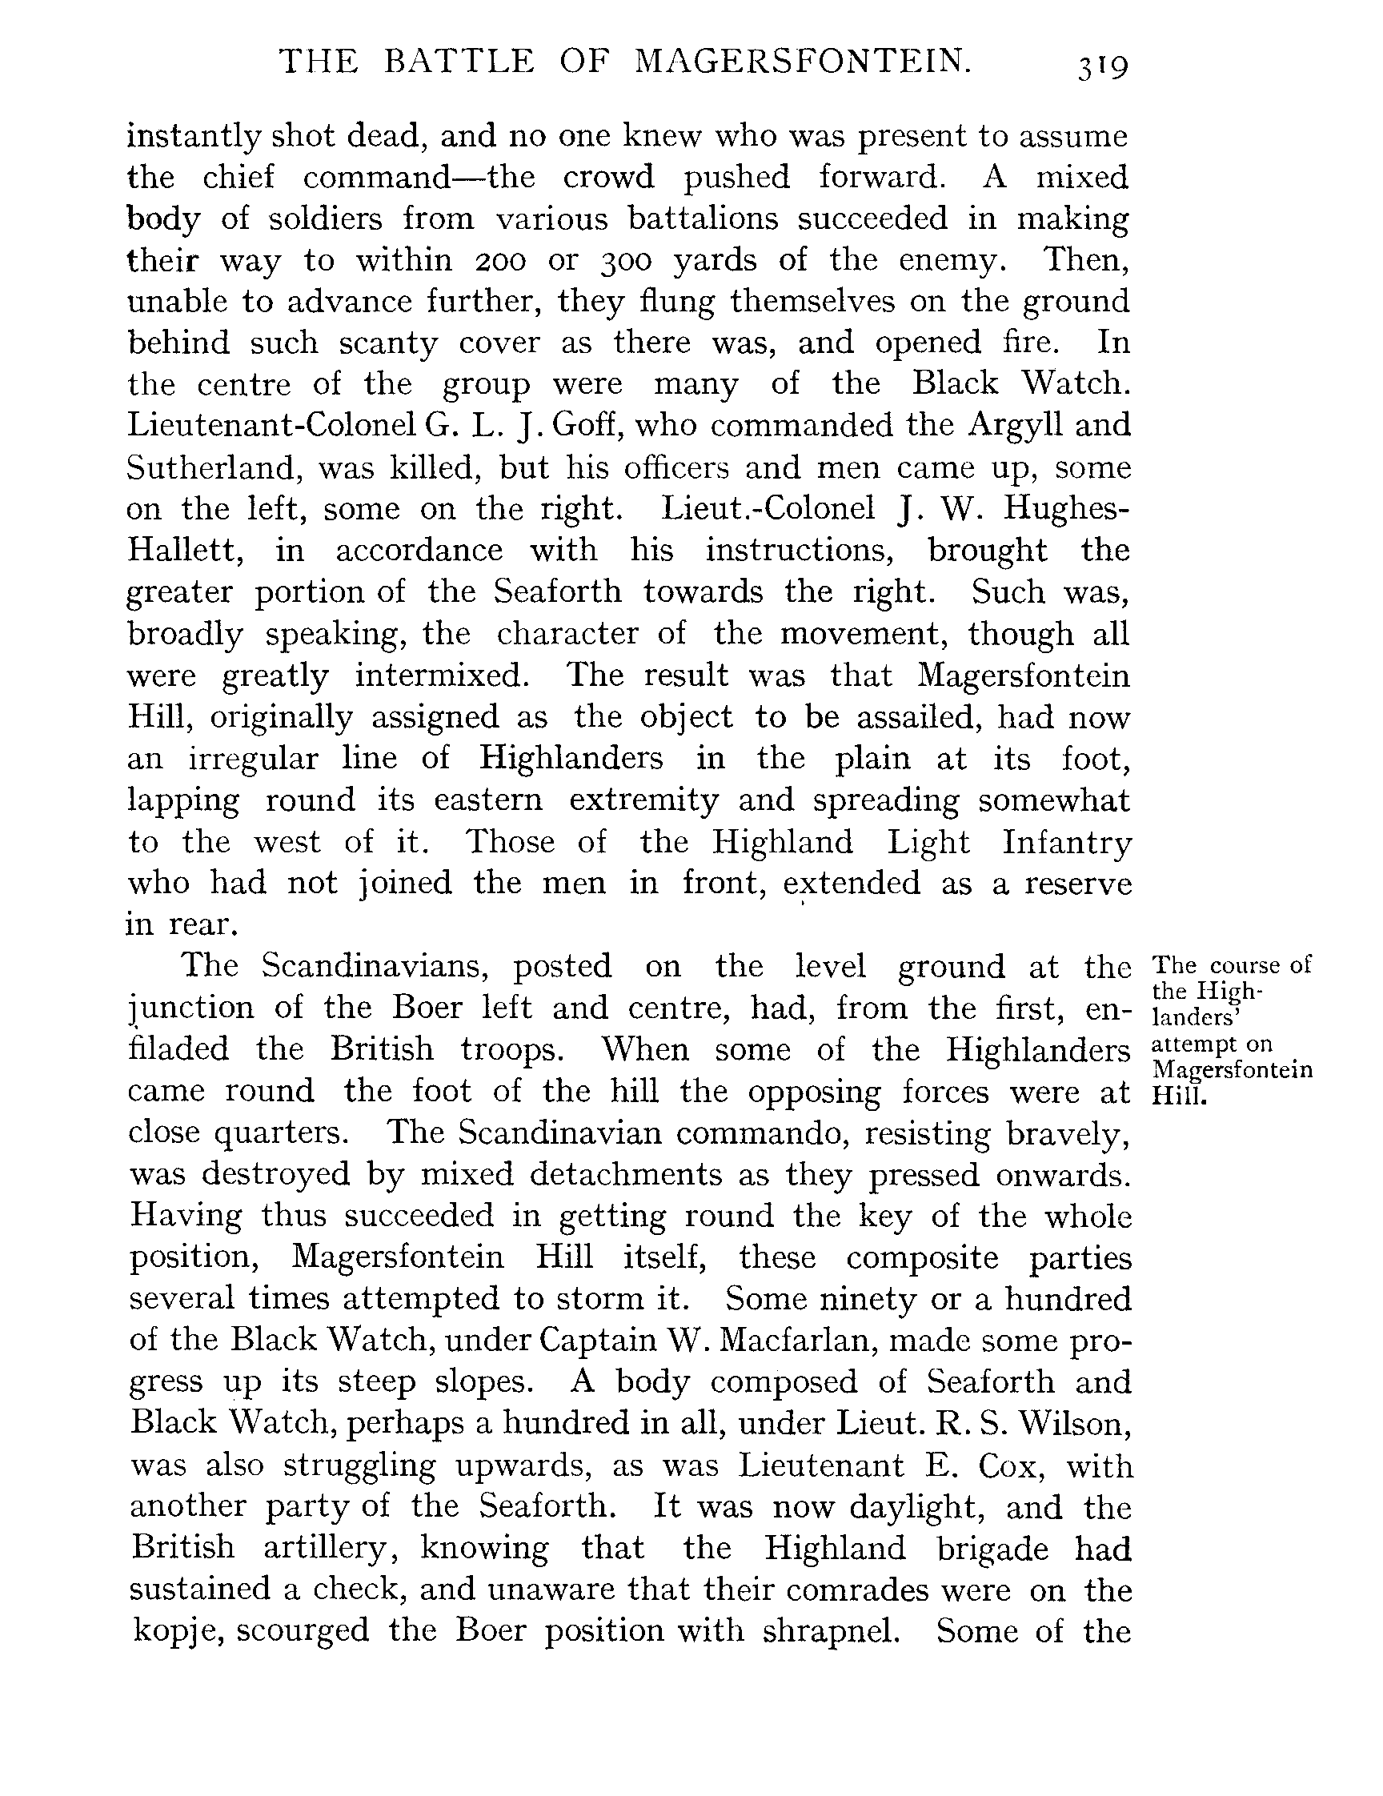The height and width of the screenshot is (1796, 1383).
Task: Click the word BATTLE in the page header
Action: pyautogui.click(x=459, y=62)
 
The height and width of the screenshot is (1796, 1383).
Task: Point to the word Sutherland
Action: pyautogui.click(x=210, y=468)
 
